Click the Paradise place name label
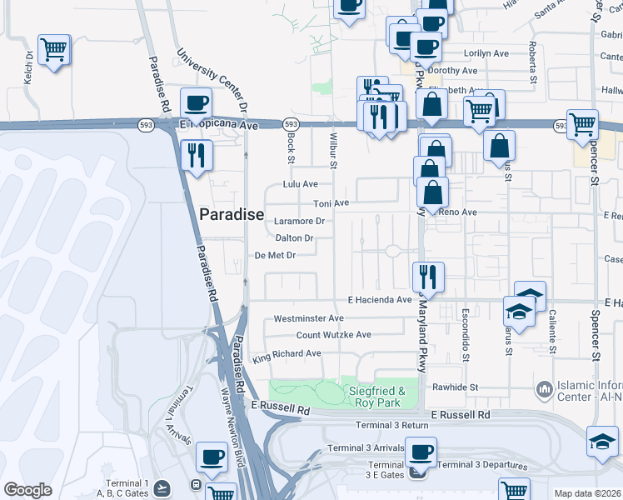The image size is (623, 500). click(232, 214)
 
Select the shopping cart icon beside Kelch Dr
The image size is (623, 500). click(54, 51)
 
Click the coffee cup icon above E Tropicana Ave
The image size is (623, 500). click(196, 103)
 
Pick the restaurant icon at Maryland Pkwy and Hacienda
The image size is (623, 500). click(428, 277)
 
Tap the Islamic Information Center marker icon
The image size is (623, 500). click(545, 389)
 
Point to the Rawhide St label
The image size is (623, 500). click(455, 387)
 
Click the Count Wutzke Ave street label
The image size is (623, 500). click(334, 335)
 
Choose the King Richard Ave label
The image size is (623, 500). click(287, 354)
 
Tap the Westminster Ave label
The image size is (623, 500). click(308, 318)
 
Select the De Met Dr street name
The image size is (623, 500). click(275, 256)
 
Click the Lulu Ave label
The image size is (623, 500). click(301, 184)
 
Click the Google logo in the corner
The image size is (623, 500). click(27, 490)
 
